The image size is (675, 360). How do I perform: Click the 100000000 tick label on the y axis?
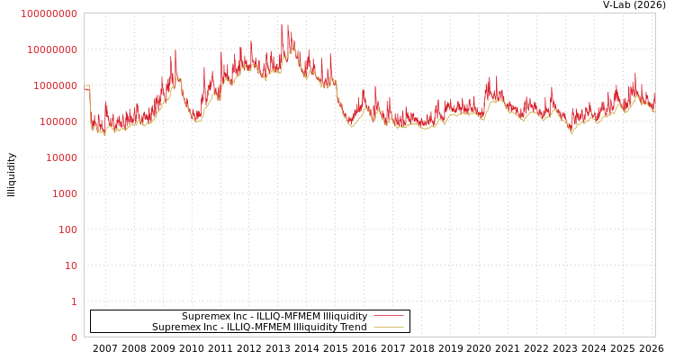(x=49, y=13)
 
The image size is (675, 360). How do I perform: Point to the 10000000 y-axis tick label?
(x=52, y=49)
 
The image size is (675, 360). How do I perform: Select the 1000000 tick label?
(x=55, y=85)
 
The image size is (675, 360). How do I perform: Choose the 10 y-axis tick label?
(x=70, y=265)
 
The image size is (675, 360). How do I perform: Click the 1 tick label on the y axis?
(x=74, y=301)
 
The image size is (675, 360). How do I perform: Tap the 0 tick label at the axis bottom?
(x=74, y=337)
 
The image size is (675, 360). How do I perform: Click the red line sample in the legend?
(x=388, y=316)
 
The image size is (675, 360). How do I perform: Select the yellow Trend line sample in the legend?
(x=388, y=328)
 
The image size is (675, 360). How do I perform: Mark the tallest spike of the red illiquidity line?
(x=282, y=25)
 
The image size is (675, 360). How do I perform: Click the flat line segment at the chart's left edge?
(x=86, y=85)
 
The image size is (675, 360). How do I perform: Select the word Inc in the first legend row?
(x=237, y=317)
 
